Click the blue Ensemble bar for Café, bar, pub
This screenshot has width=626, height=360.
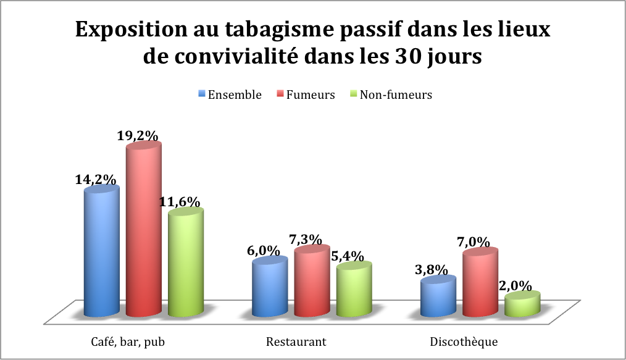click(x=102, y=253)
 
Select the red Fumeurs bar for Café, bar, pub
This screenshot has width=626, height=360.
click(x=144, y=232)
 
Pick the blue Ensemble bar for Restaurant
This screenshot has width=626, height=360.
click(x=270, y=288)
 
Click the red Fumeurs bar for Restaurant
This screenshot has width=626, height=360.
click(x=312, y=283)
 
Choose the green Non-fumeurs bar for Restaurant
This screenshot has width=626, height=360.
click(x=354, y=291)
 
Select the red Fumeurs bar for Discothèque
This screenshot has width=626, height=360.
click(x=480, y=284)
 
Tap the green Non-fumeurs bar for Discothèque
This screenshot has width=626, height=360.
click(x=522, y=305)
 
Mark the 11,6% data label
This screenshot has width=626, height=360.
click(x=183, y=202)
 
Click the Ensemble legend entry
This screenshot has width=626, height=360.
click(x=230, y=94)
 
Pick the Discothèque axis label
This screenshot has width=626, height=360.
click(x=463, y=341)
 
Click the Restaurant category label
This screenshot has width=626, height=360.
click(x=296, y=341)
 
